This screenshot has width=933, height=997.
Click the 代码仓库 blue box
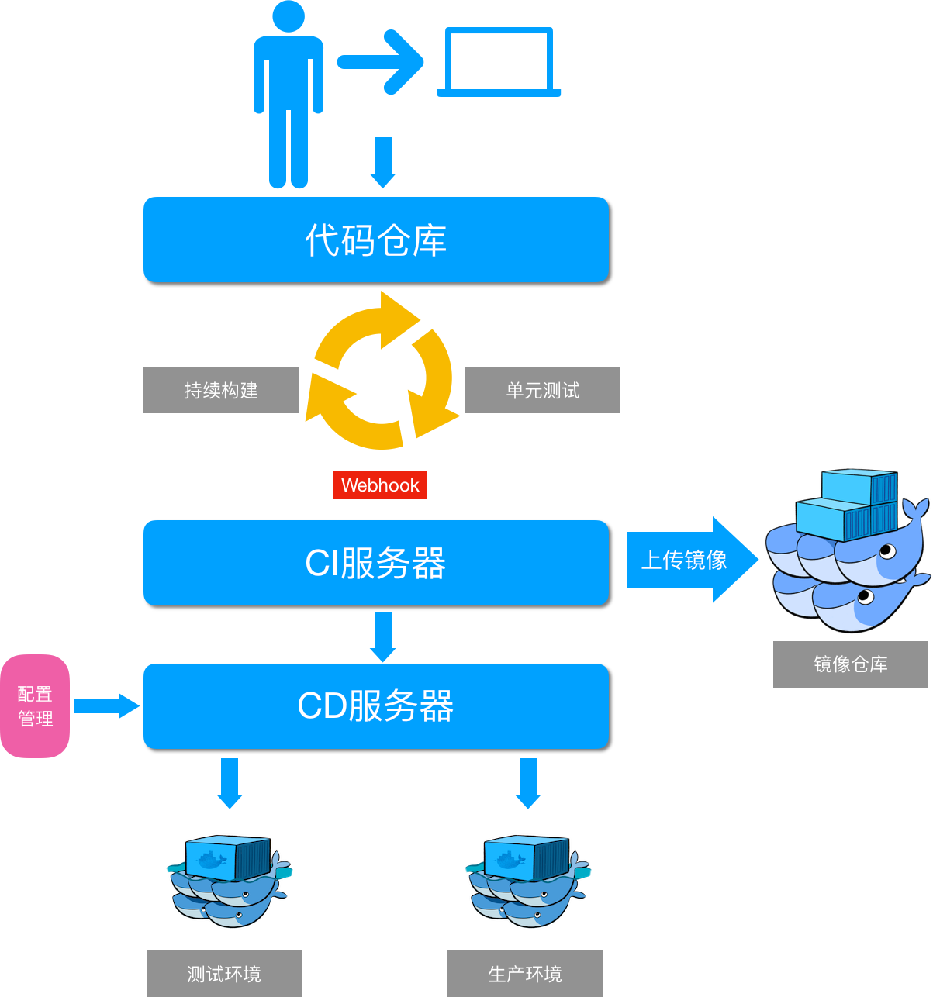375,240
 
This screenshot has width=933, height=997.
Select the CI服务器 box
375,563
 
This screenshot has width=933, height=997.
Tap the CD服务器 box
375,706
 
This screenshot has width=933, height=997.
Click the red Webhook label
380,485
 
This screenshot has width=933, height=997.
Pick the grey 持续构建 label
221,390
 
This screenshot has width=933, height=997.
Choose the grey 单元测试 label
542,390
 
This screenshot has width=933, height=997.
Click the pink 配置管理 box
35,706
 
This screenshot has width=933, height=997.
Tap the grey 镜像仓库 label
850,664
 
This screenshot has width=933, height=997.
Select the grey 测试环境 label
224,974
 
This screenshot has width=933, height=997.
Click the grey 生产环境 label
525,974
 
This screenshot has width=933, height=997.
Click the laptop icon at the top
499,62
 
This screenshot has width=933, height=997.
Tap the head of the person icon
289,16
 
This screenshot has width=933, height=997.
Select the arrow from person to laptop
380,62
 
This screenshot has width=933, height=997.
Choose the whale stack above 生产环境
527,881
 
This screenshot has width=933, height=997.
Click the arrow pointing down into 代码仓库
382,162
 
